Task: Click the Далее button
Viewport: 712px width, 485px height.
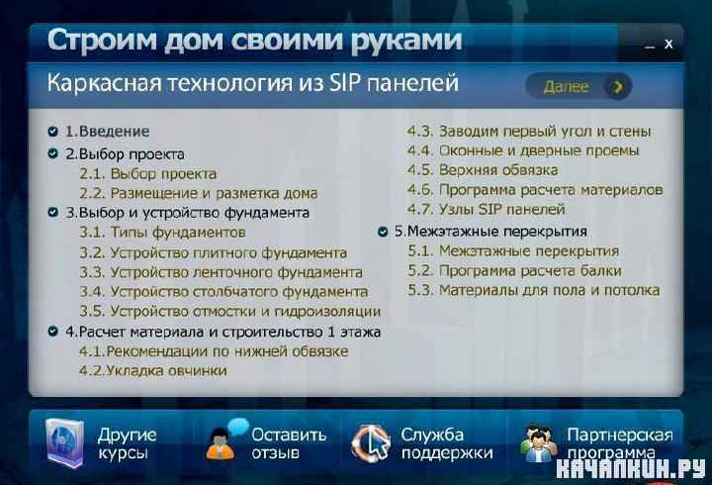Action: click(x=578, y=86)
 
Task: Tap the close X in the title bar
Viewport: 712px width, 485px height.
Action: click(x=668, y=45)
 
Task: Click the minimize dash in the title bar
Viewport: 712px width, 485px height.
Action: click(x=651, y=47)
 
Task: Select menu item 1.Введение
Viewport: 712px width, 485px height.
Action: click(x=107, y=132)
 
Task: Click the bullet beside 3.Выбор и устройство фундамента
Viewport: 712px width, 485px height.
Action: click(x=53, y=212)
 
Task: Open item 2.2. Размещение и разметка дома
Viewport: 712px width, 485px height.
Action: click(x=199, y=193)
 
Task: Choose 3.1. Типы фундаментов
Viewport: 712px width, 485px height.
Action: click(x=162, y=233)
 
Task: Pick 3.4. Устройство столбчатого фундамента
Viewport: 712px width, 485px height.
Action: click(x=223, y=291)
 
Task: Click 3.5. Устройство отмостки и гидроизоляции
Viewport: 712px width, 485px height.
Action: click(x=229, y=312)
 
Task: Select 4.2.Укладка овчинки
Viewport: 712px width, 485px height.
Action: click(x=153, y=370)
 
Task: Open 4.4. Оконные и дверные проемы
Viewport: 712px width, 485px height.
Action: click(x=523, y=150)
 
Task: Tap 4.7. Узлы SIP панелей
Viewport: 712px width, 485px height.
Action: click(x=486, y=209)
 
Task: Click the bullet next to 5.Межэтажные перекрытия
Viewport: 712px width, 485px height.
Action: click(x=383, y=232)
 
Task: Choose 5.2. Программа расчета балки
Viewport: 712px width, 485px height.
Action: click(x=514, y=271)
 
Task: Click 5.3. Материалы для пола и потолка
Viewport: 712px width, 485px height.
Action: click(x=534, y=290)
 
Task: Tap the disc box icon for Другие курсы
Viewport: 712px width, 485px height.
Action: click(x=64, y=442)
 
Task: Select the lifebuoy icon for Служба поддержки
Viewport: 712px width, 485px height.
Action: click(x=371, y=442)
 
